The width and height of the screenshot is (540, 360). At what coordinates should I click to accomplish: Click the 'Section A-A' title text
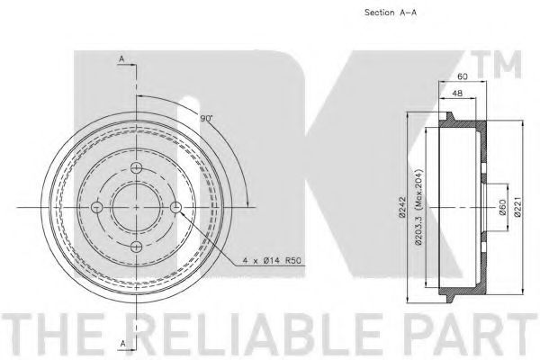391,13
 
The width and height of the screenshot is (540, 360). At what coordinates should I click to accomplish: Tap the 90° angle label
207,118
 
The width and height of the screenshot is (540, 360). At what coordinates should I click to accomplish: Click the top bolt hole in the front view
137,168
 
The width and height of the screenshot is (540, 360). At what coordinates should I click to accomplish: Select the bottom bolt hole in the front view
137,247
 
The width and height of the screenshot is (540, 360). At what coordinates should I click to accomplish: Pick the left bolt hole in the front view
97,207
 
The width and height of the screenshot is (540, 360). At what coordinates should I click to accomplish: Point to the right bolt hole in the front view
176,207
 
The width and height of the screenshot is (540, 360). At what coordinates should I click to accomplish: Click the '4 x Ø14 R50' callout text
272,260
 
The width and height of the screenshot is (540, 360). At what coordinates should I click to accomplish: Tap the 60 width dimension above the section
463,76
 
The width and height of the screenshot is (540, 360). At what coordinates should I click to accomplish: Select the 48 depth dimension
457,93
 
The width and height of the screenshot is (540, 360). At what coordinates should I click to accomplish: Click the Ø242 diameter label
402,207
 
